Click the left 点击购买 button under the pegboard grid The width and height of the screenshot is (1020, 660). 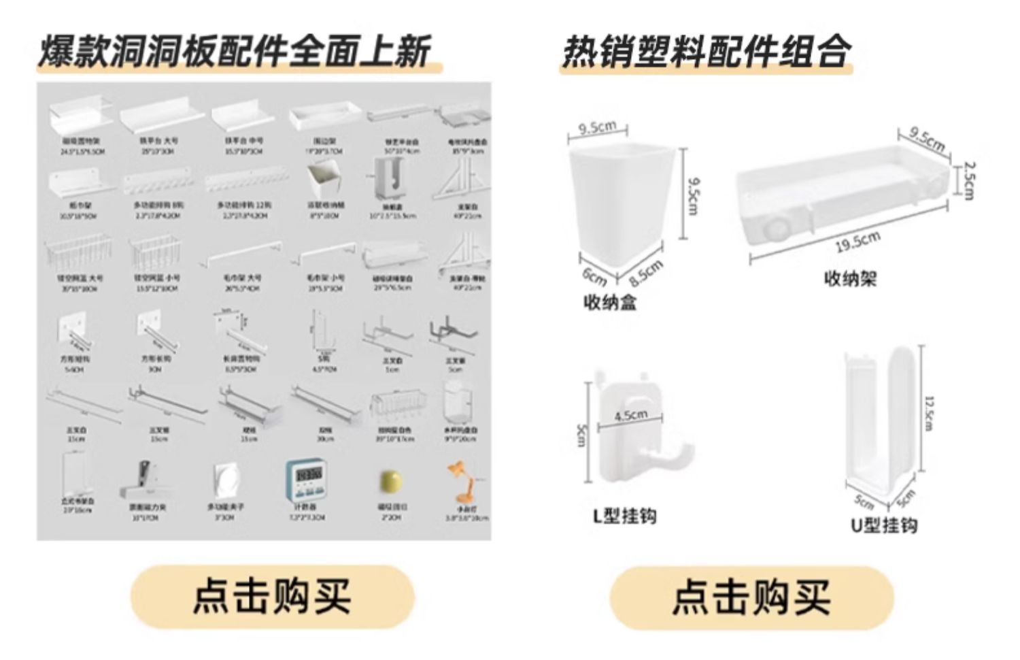[x=272, y=596]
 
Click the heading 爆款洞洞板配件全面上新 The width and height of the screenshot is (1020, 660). [x=235, y=52]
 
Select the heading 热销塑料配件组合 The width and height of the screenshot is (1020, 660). [x=706, y=52]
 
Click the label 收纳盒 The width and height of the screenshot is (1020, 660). [x=610, y=301]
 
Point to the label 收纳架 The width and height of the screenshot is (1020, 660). [x=850, y=278]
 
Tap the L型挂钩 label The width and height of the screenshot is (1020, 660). [x=624, y=516]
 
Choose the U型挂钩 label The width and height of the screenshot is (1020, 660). [x=884, y=525]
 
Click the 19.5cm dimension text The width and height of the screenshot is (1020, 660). [x=858, y=242]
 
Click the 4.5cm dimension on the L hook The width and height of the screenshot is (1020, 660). [x=630, y=415]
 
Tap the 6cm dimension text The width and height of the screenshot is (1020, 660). [x=594, y=277]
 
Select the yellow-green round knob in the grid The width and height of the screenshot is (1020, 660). [x=390, y=482]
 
